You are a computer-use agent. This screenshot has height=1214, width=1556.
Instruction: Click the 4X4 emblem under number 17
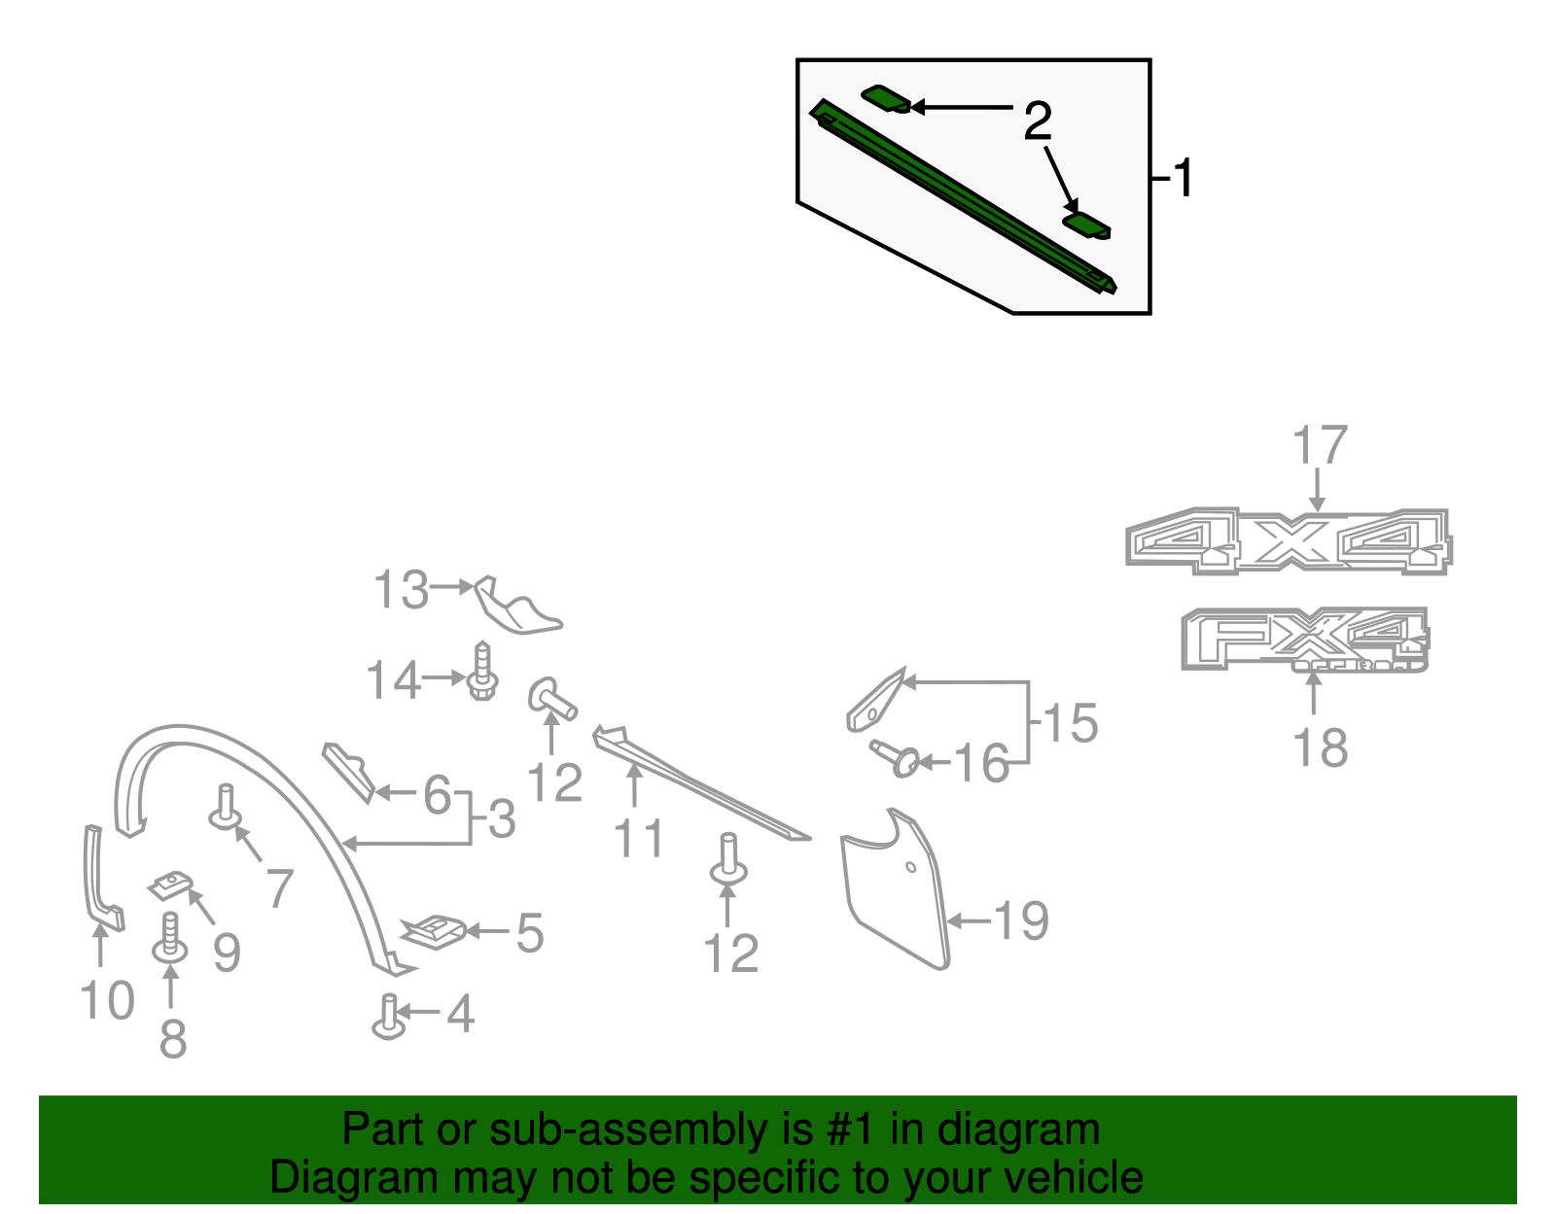tap(1289, 541)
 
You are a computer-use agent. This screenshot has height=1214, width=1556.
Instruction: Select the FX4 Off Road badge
tap(1303, 639)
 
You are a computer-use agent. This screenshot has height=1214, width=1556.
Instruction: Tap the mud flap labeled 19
tap(895, 889)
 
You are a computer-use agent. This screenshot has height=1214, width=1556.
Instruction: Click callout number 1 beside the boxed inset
tap(1182, 179)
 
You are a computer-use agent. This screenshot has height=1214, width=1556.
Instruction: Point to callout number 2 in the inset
tap(1038, 121)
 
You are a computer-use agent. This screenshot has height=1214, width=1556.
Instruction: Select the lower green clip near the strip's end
tap(1086, 225)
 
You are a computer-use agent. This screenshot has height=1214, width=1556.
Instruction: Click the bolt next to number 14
tap(482, 673)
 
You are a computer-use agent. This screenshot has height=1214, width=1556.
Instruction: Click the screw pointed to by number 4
tap(389, 1018)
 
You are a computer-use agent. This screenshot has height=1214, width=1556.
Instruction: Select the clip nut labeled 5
tap(435, 931)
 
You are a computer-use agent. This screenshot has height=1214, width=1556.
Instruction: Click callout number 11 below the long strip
tap(639, 838)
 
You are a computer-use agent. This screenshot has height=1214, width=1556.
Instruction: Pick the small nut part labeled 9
tap(170, 885)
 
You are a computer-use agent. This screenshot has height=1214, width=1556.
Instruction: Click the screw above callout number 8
tap(170, 938)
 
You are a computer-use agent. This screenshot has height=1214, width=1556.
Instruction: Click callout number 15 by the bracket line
tap(1070, 724)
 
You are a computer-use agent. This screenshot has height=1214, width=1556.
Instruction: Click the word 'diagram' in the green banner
tap(1039, 1130)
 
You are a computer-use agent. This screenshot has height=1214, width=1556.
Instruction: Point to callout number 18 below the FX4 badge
tap(1320, 748)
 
